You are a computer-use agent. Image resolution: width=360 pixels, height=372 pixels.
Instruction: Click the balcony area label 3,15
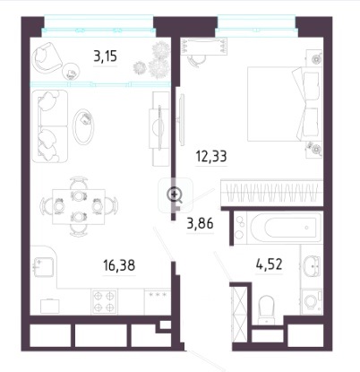105,56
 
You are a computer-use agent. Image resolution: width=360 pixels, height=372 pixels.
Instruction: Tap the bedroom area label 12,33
211,156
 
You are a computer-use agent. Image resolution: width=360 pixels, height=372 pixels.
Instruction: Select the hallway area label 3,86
200,223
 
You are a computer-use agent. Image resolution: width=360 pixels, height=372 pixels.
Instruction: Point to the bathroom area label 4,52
269,264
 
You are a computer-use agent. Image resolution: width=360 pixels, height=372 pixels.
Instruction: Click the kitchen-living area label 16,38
119,265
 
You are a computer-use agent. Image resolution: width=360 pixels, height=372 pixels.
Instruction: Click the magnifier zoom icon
175,195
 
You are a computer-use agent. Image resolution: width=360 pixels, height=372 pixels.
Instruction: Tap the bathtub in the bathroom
286,228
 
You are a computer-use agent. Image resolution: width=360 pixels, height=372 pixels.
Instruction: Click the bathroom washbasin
312,264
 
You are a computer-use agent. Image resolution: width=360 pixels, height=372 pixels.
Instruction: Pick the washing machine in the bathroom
312,301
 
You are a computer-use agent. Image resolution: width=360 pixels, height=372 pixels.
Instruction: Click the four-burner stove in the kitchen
104,301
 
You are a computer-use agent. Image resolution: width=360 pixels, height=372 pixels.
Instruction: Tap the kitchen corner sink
44,267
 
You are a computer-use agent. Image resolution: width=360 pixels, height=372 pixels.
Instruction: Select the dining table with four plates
79,206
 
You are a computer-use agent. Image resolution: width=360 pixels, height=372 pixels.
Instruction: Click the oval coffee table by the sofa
84,126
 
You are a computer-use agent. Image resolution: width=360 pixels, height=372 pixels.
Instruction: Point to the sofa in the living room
49,126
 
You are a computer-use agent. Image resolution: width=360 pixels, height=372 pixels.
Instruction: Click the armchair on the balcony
47,57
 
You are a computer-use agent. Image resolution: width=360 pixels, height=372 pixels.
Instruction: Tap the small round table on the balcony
71,72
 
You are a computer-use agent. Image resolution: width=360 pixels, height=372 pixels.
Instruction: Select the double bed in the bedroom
285,104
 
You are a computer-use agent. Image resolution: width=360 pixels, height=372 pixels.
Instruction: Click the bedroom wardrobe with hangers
271,193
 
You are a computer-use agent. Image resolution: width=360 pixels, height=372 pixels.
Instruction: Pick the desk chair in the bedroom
196,60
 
